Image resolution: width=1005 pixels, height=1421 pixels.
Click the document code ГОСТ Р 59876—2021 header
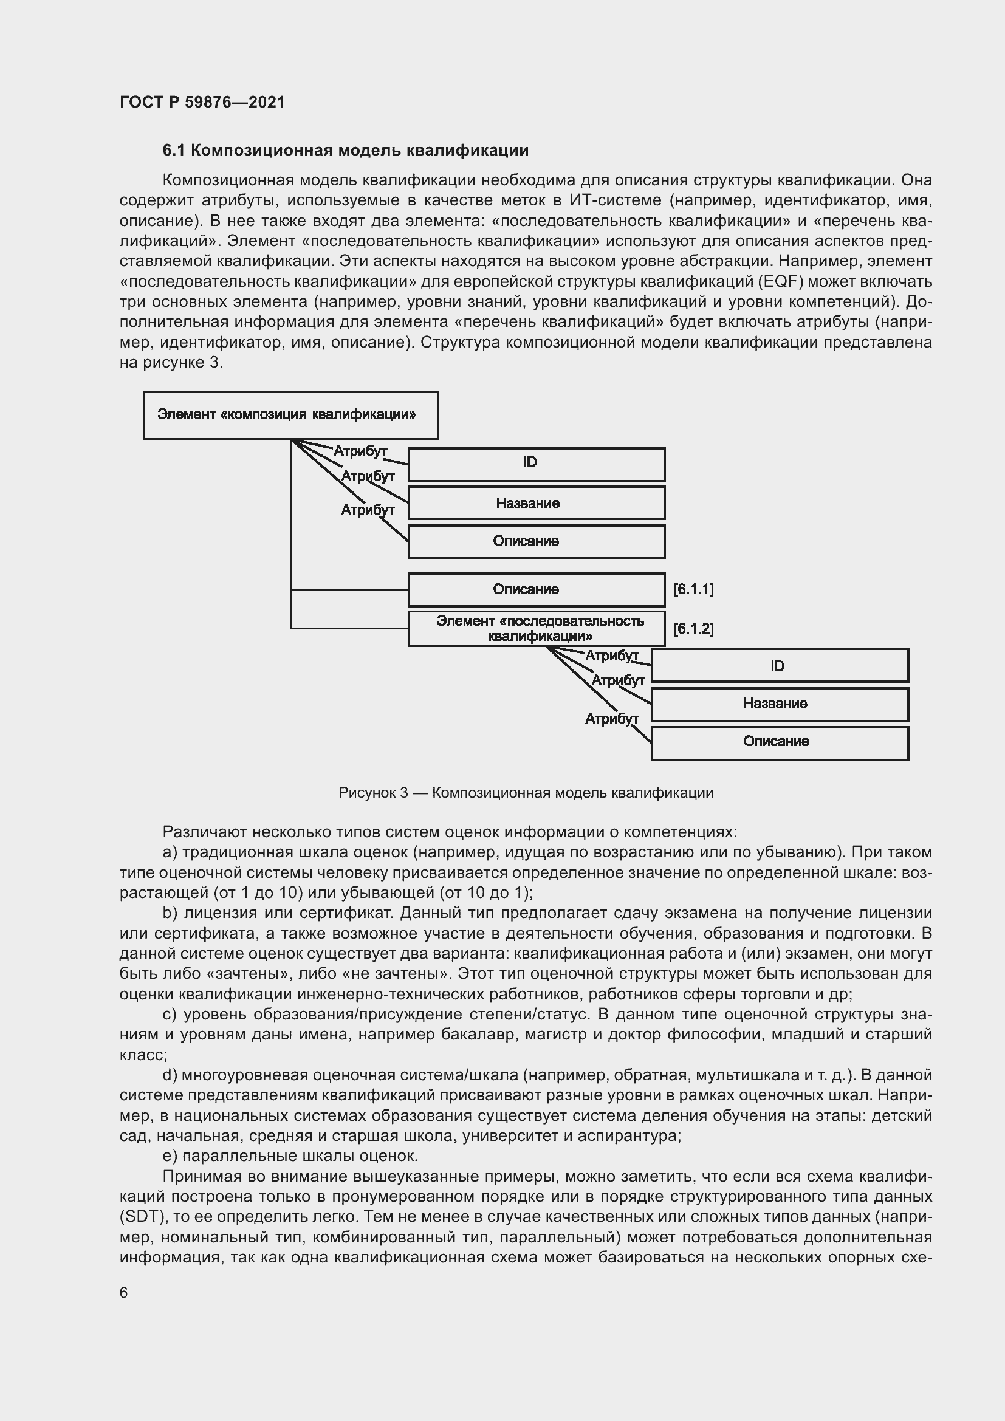tap(202, 102)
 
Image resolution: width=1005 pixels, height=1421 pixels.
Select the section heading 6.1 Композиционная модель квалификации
tap(345, 151)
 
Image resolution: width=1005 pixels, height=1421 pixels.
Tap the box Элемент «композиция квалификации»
tap(291, 416)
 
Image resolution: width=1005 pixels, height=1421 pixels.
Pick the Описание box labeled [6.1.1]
tap(536, 590)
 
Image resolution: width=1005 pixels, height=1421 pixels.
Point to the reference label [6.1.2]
tap(693, 629)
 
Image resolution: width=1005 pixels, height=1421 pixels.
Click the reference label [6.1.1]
tap(693, 590)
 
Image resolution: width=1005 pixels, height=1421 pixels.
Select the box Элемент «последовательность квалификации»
tap(536, 629)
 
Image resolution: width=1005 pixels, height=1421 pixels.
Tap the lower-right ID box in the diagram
tap(780, 666)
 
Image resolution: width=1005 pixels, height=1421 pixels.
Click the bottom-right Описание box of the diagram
tap(780, 742)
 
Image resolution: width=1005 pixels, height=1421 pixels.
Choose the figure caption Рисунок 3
tap(526, 793)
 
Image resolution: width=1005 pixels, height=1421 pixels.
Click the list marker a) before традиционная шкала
tap(170, 852)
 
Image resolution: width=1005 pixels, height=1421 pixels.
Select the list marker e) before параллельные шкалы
tap(170, 1156)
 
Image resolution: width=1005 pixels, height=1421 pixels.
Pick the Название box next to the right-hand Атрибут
tap(780, 704)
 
